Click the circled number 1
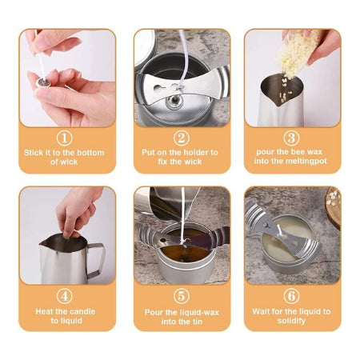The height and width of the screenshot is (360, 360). coord(64,138)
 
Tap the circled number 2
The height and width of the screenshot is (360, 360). coord(182,138)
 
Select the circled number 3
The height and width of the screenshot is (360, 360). coord(291,138)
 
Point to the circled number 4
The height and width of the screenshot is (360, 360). coord(64,296)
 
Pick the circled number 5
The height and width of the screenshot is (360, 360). coord(182,296)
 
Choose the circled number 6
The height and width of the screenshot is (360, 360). coord(291,296)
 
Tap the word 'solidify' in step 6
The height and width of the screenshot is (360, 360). coord(291,321)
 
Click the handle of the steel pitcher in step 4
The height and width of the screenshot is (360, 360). coord(96,260)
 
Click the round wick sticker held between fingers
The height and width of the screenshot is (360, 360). coord(43,83)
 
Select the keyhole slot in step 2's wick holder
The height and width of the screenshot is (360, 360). coord(159,88)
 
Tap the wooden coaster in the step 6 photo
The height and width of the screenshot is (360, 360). coord(334,206)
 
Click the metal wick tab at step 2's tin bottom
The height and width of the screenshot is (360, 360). coord(174,100)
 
